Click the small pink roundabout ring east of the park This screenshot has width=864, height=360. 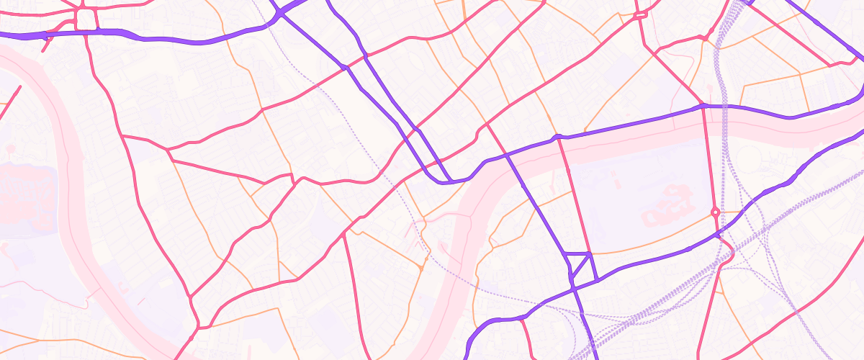715,212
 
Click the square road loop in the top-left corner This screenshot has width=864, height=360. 86,19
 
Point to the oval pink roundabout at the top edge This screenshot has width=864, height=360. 640,14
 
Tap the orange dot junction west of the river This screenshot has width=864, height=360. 420,268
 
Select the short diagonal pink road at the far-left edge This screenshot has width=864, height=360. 10,100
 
